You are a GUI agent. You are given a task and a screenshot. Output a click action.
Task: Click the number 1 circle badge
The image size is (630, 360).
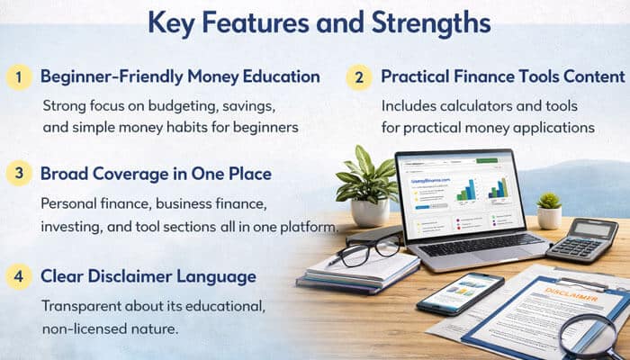(x=18, y=76)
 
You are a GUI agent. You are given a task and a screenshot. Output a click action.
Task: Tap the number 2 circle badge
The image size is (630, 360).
(x=358, y=76)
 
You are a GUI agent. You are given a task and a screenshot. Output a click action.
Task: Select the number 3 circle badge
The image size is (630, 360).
(x=18, y=173)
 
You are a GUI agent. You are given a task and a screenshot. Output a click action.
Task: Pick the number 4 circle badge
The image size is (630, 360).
(x=18, y=275)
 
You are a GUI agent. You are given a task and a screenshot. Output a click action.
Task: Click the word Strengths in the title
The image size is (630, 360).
(x=427, y=22)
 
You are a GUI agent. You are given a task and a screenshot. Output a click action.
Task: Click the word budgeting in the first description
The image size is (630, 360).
(x=186, y=105)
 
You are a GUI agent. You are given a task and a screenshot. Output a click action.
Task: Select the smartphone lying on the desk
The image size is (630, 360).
(x=460, y=292)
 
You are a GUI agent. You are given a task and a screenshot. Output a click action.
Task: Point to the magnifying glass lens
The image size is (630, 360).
(x=588, y=335)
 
